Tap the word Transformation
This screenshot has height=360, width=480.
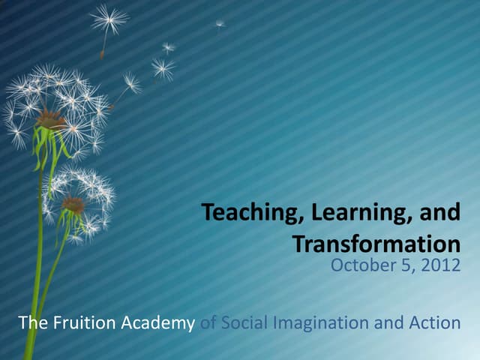tap(375, 244)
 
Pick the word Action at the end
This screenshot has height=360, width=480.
tap(435, 323)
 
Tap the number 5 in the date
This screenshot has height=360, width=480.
tap(403, 265)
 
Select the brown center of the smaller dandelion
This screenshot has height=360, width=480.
tap(73, 203)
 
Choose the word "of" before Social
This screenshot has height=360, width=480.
tap(210, 323)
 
